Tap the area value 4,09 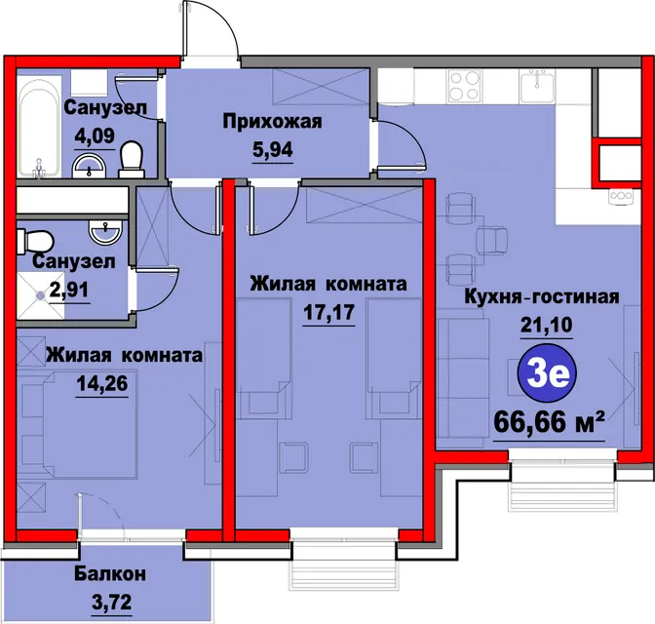click(95, 136)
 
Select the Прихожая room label click(272, 122)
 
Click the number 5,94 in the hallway click(272, 149)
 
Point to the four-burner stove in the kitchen click(464, 86)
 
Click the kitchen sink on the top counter click(538, 86)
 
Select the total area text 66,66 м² click(550, 423)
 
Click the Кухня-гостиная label click(542, 296)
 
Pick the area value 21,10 click(547, 325)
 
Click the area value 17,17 click(328, 312)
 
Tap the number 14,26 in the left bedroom click(102, 383)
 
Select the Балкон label click(110, 574)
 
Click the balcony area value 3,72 click(111, 603)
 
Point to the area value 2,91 click(69, 290)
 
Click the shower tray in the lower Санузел click(41, 295)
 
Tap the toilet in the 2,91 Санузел click(35, 241)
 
